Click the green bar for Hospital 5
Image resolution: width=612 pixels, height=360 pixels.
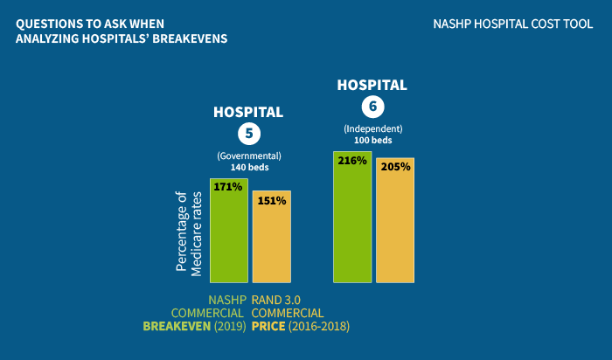coord(229,231)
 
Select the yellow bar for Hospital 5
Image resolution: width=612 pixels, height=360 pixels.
coord(272,237)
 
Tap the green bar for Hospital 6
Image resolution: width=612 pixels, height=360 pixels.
coord(352,217)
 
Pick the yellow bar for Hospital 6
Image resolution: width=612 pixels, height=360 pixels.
coord(395,220)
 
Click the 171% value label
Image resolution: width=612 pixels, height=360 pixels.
coord(228,187)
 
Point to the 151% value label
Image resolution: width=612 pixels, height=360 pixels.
coord(272,200)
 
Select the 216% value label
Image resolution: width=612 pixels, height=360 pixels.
coord(352,160)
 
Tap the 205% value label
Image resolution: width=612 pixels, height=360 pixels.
coord(395,167)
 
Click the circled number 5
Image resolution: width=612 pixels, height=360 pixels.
coord(249,134)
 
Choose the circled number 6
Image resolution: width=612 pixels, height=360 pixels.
coord(372,107)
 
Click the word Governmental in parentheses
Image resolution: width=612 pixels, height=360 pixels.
coord(249,156)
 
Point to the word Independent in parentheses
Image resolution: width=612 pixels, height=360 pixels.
coord(372,128)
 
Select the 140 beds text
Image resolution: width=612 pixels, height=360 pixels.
coord(249,167)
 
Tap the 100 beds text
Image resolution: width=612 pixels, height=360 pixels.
coord(372,140)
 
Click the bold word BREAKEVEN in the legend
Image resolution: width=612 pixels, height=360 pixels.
coord(177,326)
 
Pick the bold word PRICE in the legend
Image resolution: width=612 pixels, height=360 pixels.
coord(268,326)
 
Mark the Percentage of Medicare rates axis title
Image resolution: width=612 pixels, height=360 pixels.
coord(189,233)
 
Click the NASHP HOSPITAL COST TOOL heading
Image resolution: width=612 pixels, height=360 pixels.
coord(513,24)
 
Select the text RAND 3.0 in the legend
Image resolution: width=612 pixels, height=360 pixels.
coord(276,300)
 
